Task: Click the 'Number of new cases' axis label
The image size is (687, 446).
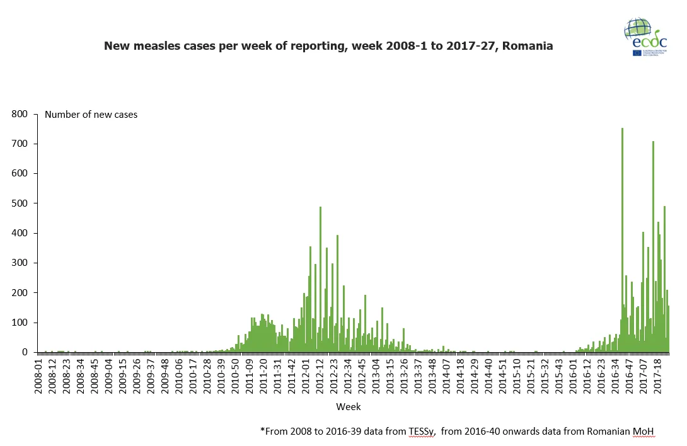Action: coord(91,115)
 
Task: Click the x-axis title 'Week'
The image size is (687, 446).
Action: coord(348,407)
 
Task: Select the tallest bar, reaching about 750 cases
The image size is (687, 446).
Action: coord(622,239)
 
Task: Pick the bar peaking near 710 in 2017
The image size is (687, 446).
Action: coord(653,246)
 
